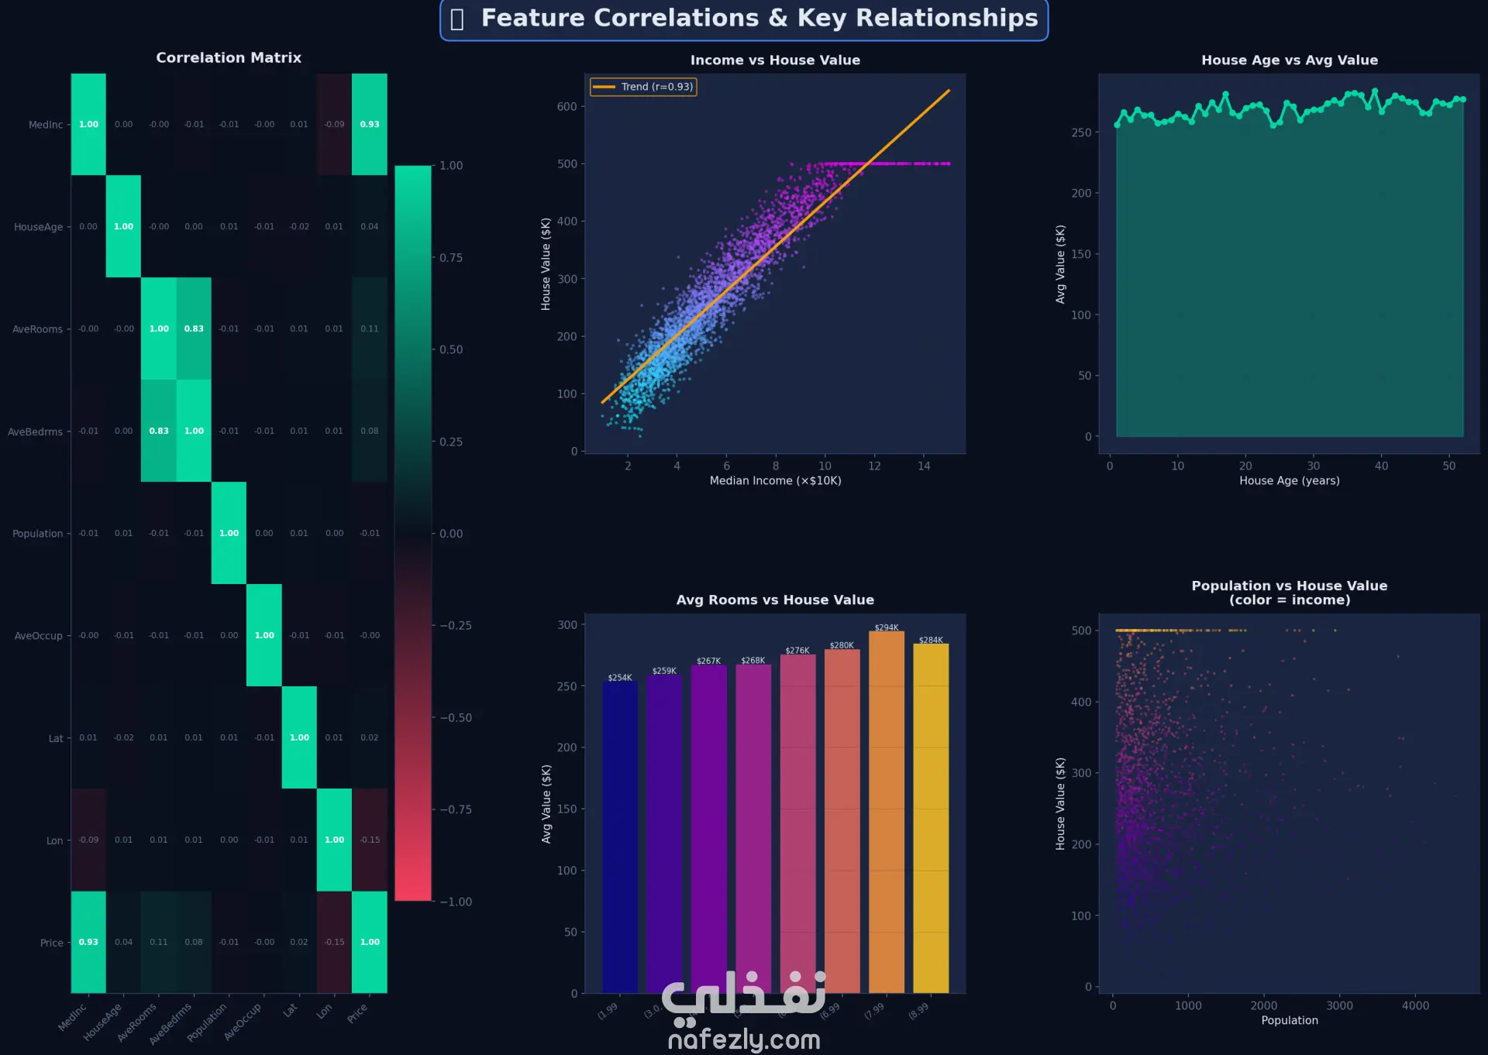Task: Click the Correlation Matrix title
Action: coord(229,57)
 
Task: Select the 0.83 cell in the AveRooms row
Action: coord(194,328)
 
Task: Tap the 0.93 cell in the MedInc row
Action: coord(370,124)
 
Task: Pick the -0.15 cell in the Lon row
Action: coord(370,840)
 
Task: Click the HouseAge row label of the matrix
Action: coord(38,227)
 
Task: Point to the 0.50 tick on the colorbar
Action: coord(450,349)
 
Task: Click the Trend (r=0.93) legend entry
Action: coord(643,87)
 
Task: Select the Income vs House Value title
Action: coord(775,60)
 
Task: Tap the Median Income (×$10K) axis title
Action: coord(775,480)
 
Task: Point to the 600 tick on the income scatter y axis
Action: coord(567,107)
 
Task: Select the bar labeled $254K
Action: coord(620,837)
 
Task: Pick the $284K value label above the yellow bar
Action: coord(931,640)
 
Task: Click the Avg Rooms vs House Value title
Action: coord(775,600)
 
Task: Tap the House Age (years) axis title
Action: coord(1289,480)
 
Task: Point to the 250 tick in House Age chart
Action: coord(1081,132)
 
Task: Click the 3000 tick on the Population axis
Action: coord(1339,1005)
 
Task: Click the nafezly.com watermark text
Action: coord(744,1039)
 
